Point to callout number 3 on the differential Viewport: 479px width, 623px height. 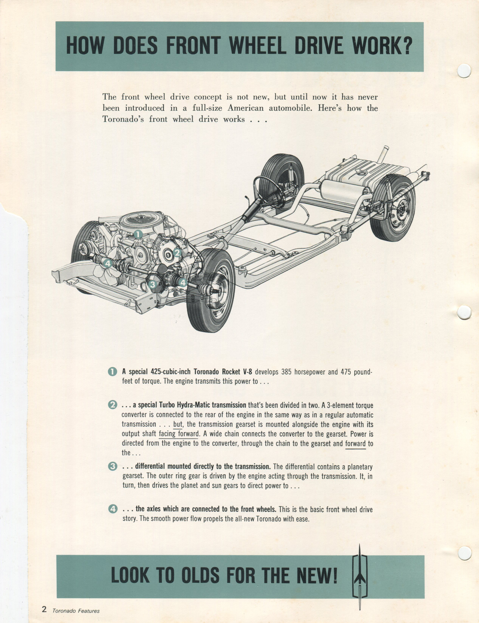pyautogui.click(x=153, y=284)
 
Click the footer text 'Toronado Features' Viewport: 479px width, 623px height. pyautogui.click(x=76, y=611)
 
